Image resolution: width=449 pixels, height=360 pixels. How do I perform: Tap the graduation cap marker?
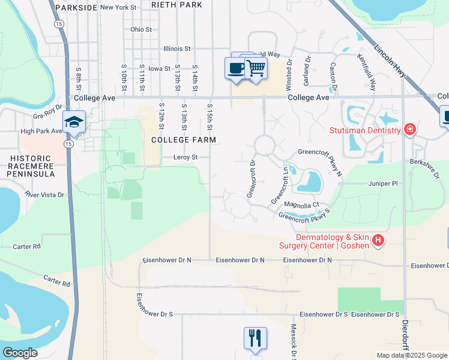[x=74, y=122]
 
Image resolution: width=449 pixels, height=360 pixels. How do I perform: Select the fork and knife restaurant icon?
[x=255, y=338]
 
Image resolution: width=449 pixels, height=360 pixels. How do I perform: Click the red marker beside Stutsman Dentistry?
[x=410, y=130]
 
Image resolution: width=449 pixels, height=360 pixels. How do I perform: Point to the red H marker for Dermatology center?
[x=378, y=241]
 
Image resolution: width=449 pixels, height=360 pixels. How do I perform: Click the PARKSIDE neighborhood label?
[x=76, y=7]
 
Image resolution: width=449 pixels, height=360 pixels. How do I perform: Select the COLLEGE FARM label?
[x=183, y=140]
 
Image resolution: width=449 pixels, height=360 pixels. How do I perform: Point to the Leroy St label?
[x=185, y=157]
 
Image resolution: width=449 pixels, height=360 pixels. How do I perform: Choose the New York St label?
[x=119, y=7]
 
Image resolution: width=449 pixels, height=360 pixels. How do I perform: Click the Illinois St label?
[x=176, y=49]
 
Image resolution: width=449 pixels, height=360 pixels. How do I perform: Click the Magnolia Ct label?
[x=301, y=205]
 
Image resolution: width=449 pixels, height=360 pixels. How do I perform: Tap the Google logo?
[x=20, y=353]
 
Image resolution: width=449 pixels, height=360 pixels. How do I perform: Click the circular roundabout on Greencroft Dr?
[x=264, y=145]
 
